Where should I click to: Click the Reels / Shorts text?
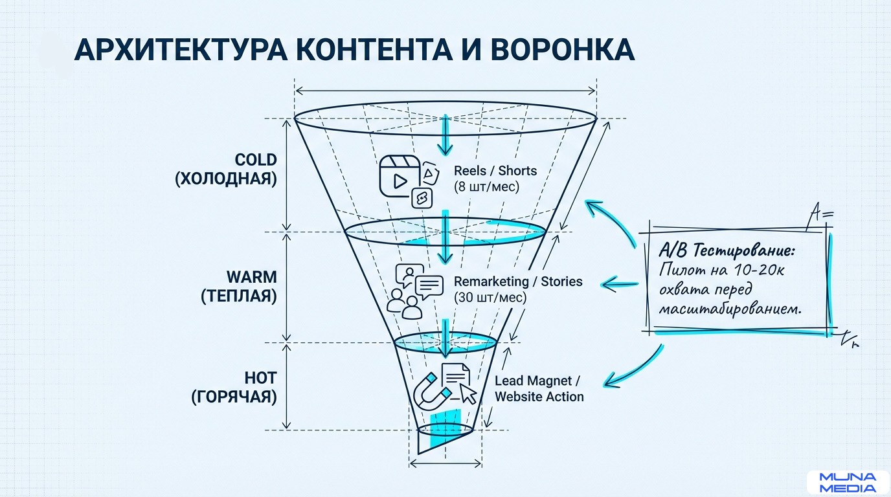(x=495, y=171)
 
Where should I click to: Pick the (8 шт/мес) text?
(x=486, y=188)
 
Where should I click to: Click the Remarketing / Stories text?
(x=518, y=282)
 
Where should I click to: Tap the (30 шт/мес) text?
(x=490, y=298)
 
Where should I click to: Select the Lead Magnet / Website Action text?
(x=539, y=388)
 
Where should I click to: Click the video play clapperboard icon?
(x=396, y=173)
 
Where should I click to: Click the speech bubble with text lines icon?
(x=429, y=286)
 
